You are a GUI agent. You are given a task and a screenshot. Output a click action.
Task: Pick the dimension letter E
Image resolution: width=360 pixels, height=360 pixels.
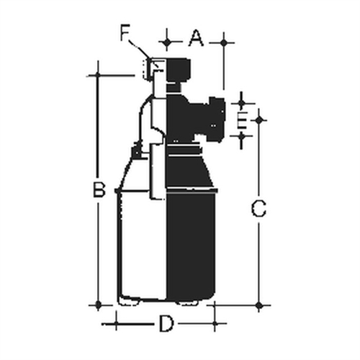pyautogui.click(x=243, y=119)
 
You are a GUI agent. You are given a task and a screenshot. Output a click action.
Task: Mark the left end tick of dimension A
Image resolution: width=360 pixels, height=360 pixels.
pyautogui.click(x=168, y=42)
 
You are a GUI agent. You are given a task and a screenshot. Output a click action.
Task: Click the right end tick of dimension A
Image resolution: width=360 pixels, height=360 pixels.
pyautogui.click(x=224, y=42)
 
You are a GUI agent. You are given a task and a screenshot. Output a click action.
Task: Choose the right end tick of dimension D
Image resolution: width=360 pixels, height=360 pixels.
pyautogui.click(x=216, y=322)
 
